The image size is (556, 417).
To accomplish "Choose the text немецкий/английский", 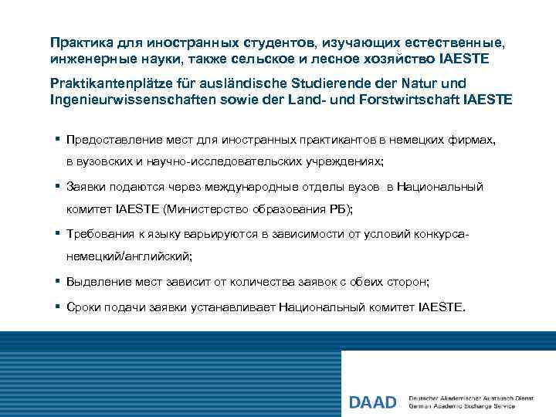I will (129, 256).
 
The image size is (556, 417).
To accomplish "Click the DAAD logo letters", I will (374, 402).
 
